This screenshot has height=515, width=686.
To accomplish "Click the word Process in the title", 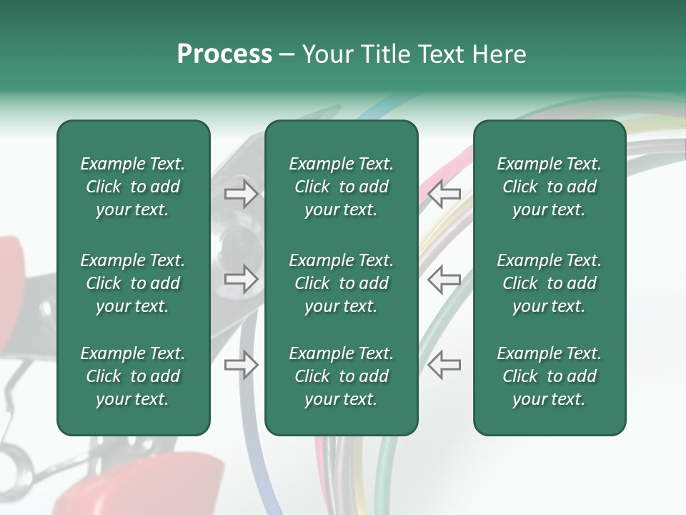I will click(x=224, y=54).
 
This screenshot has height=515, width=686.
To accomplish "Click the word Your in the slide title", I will click(x=329, y=54).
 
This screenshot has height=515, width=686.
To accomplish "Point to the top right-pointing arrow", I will click(x=241, y=194).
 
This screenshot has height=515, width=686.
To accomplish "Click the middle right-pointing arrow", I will click(x=241, y=279).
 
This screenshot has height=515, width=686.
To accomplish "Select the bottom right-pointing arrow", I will click(x=241, y=365).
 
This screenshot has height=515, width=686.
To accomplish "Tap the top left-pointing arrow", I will click(x=444, y=194).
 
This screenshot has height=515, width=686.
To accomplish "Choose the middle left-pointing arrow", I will click(x=444, y=279).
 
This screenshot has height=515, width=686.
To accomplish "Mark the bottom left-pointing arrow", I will click(x=444, y=365).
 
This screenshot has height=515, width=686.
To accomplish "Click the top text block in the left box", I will click(x=133, y=187).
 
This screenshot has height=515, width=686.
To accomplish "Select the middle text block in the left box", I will click(x=133, y=283).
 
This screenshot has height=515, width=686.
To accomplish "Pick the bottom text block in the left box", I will click(x=133, y=376).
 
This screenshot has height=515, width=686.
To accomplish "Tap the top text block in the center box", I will click(x=341, y=187).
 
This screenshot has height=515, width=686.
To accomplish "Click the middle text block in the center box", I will click(x=341, y=283).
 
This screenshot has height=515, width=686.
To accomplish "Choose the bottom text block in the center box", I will click(x=341, y=376).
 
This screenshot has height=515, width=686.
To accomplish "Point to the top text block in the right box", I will click(x=549, y=187).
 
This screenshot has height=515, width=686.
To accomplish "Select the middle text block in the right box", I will click(x=549, y=283).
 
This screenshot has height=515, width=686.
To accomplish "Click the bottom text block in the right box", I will click(x=549, y=376).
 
